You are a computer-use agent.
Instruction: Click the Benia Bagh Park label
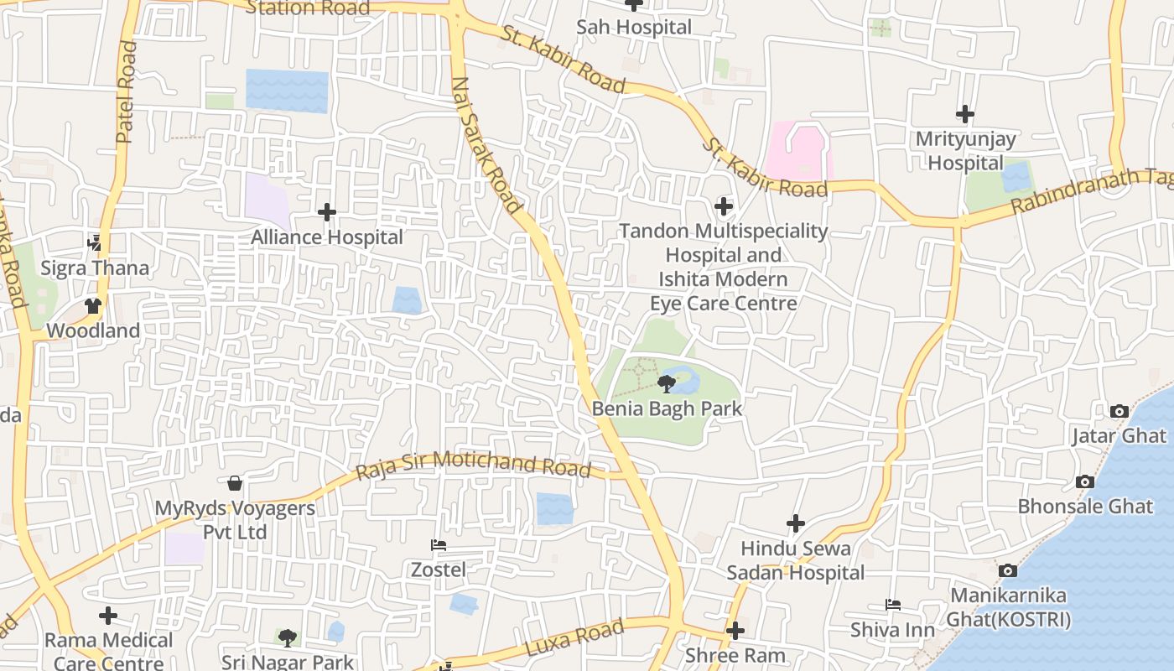[x=667, y=408]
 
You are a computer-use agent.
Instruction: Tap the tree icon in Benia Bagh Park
[x=667, y=384]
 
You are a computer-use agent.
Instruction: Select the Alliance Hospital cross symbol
[x=327, y=212]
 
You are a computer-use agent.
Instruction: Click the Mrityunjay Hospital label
[x=965, y=151]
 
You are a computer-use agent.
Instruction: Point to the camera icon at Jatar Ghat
[x=1119, y=411]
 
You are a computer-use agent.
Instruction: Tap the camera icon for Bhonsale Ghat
[x=1084, y=481]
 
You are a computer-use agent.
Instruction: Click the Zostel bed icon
[x=438, y=545]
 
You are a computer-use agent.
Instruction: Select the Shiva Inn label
[x=892, y=629]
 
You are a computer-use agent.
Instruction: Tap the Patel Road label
[x=126, y=92]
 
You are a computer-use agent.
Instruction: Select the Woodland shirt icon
[x=93, y=306]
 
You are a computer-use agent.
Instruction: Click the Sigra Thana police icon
[x=95, y=244]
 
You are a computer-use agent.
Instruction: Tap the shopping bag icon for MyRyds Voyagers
[x=235, y=483]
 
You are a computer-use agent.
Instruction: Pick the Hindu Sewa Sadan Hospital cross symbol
[x=795, y=523]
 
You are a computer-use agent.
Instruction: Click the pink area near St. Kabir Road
[x=797, y=151]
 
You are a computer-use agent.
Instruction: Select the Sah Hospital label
[x=634, y=27]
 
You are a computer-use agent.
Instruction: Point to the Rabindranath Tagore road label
[x=1090, y=191]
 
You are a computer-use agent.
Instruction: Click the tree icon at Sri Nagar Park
[x=288, y=637]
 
